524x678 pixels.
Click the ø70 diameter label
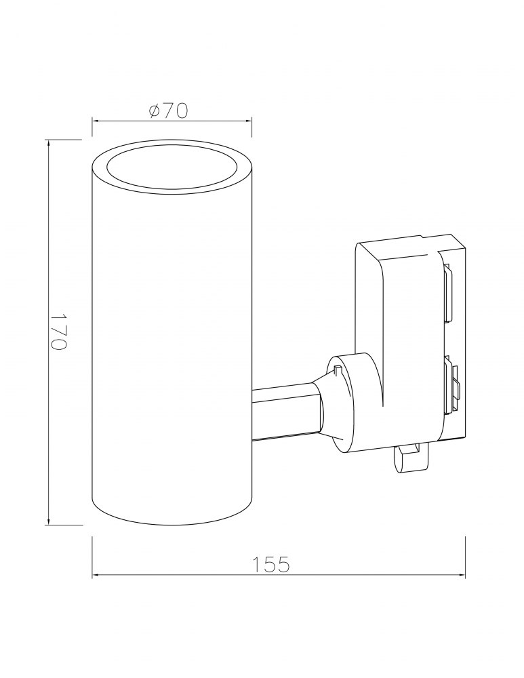(x=168, y=111)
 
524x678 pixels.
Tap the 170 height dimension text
(x=58, y=332)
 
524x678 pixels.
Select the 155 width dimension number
(x=271, y=564)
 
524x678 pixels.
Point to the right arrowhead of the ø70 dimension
(x=247, y=121)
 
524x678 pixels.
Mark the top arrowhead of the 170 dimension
(x=48, y=145)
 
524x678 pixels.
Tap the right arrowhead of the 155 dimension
(x=460, y=575)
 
